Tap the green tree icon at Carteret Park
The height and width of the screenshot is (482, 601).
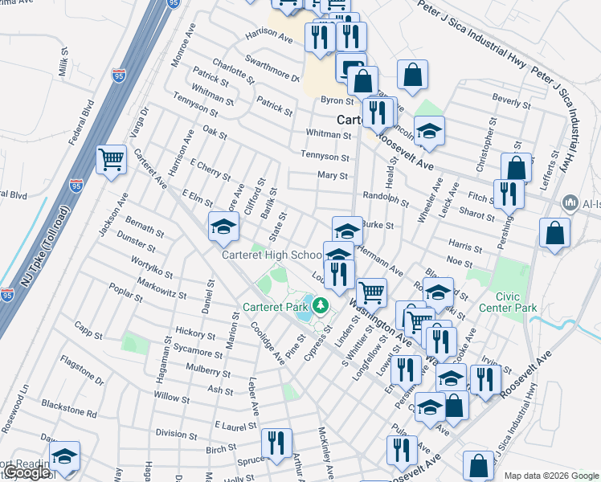click(321, 305)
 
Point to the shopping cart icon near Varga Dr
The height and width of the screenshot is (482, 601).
click(111, 158)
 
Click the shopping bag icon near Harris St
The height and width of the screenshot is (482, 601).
click(554, 232)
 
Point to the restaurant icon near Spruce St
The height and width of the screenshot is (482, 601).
click(276, 443)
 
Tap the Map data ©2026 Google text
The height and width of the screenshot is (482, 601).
click(551, 476)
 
